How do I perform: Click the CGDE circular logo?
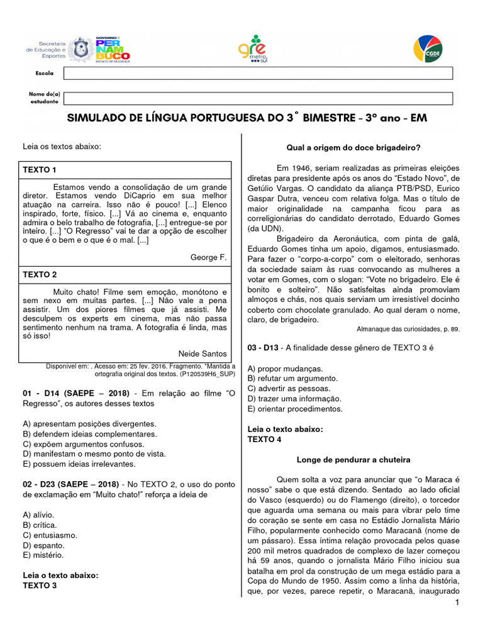[x=428, y=50]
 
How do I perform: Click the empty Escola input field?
[x=258, y=74]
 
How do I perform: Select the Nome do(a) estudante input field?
[x=258, y=97]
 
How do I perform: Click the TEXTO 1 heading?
[x=40, y=170]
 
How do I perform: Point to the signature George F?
[x=208, y=257]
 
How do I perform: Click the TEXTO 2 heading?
[x=40, y=275]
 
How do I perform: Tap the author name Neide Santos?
[x=203, y=353]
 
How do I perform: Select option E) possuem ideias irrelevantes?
[x=79, y=464]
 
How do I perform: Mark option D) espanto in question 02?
[x=43, y=545]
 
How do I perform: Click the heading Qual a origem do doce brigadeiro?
[x=353, y=148]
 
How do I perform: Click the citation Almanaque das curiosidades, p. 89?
[x=408, y=329]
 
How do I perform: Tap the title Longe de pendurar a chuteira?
[x=353, y=459]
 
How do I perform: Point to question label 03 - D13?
[x=263, y=347]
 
